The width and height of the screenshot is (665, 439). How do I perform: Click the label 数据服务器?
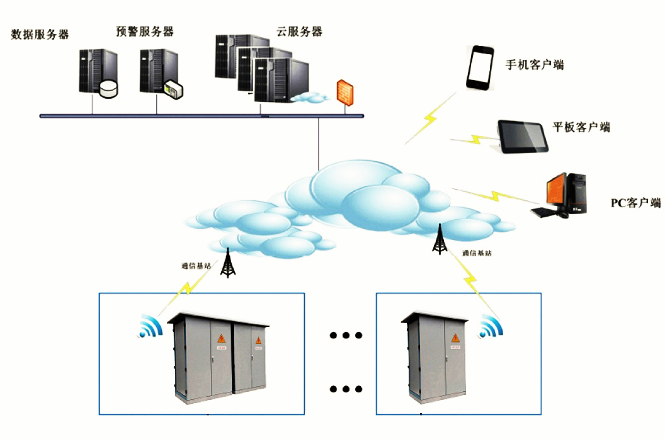40,35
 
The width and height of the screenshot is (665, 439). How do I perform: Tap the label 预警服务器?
145,31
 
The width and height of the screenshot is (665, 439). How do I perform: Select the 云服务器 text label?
299,31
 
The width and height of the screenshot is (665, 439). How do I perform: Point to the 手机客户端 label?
535,65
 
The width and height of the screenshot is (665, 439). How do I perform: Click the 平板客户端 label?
581,127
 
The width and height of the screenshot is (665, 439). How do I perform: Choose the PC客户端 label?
636,203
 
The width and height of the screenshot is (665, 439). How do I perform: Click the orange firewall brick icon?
345,92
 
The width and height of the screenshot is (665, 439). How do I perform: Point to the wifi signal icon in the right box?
491,327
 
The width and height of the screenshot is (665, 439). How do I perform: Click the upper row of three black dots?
346,335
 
